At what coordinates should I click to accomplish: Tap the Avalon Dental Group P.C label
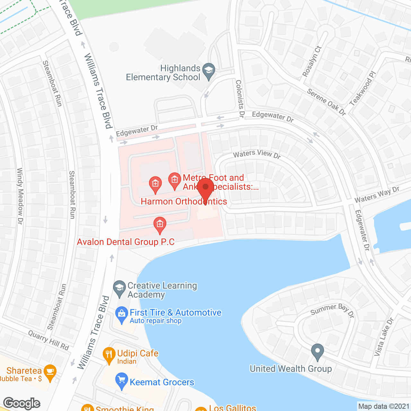tap(126, 242)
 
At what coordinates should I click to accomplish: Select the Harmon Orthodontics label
tap(184, 201)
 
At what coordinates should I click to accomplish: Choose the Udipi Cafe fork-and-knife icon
tap(109, 355)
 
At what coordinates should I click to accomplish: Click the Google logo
tap(22, 403)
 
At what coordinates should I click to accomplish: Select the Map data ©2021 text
tap(384, 406)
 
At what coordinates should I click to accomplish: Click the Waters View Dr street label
tap(257, 154)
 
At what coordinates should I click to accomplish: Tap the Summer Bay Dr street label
tap(332, 310)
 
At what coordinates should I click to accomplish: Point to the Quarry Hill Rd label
tap(48, 340)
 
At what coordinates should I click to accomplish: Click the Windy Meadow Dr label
tap(20, 196)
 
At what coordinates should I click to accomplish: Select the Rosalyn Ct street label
tap(312, 61)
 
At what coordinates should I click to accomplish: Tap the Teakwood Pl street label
tap(363, 89)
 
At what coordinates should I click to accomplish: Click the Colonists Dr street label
tap(240, 98)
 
